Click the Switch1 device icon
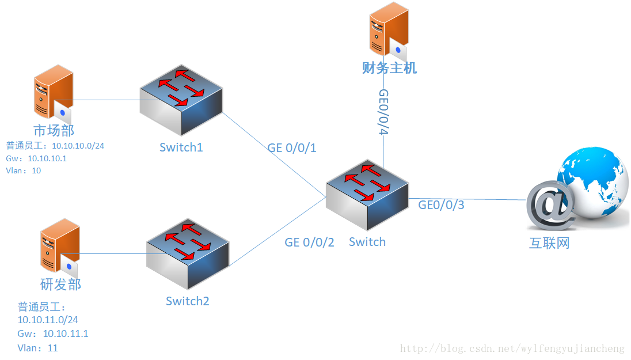[181, 99]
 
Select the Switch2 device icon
[188, 253]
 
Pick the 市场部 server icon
[54, 92]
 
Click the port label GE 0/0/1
[292, 148]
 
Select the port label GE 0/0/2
[309, 242]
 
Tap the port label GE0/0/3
[441, 204]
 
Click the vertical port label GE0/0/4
[384, 112]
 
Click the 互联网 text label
[549, 243]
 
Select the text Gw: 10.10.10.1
[36, 158]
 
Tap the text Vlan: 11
[38, 348]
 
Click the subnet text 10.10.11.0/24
[48, 319]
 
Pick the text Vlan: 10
[24, 170]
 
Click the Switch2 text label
[188, 301]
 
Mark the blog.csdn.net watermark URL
[512, 348]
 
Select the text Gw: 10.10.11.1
[53, 334]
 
